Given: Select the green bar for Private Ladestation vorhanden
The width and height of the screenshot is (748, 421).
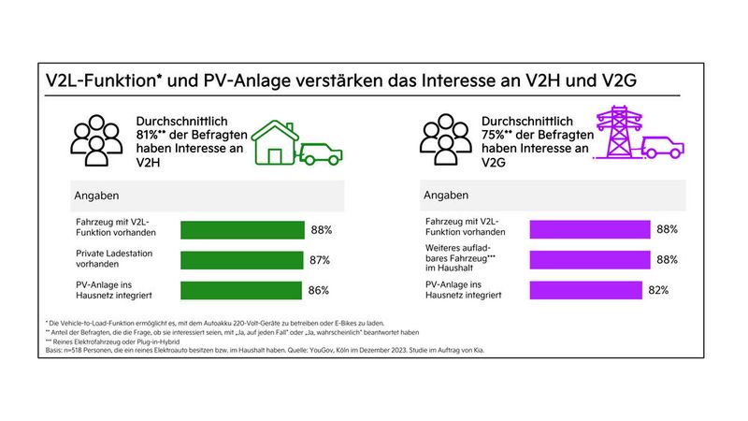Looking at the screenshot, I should pyautogui.click(x=241, y=260).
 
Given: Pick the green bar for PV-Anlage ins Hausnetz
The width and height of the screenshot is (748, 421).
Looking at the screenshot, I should pyautogui.click(x=240, y=291).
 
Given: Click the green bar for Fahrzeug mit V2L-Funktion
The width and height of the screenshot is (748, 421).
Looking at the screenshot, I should pyautogui.click(x=242, y=229).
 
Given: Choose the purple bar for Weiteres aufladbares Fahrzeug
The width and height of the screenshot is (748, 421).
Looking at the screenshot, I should pyautogui.click(x=590, y=260).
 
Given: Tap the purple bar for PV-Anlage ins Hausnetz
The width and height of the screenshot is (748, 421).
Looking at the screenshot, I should pyautogui.click(x=586, y=291).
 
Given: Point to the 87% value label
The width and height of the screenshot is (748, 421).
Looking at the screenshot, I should pyautogui.click(x=321, y=260).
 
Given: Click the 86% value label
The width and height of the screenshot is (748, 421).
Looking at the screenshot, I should pyautogui.click(x=319, y=291).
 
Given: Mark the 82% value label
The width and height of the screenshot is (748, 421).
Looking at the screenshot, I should pyautogui.click(x=658, y=291).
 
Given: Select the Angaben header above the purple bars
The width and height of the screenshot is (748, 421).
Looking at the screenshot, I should pyautogui.click(x=446, y=196).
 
